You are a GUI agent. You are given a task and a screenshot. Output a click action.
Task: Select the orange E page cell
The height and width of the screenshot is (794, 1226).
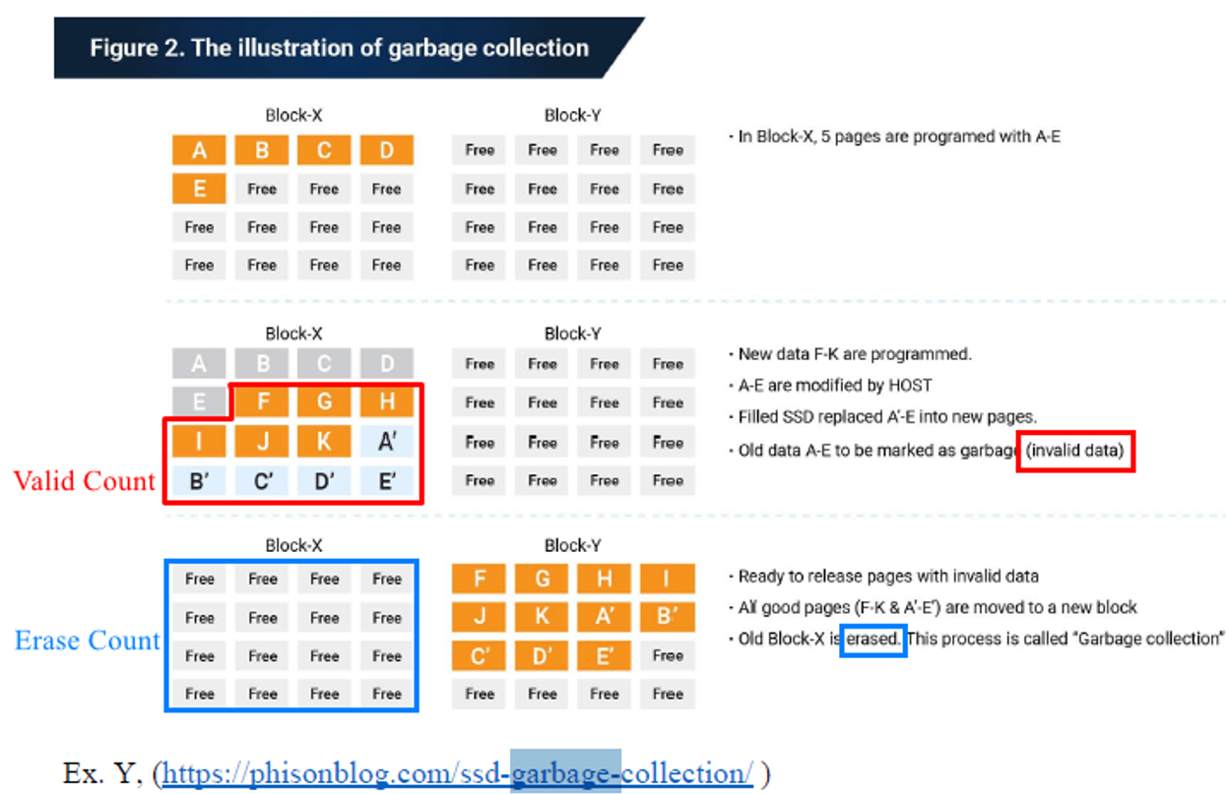point(199,188)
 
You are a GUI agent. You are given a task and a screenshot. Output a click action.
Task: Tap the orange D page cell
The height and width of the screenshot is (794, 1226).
point(386,150)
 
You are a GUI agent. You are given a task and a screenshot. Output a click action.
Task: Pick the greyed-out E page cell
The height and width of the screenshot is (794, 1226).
point(199,401)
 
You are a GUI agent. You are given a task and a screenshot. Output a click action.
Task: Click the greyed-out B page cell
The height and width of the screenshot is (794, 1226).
point(262,363)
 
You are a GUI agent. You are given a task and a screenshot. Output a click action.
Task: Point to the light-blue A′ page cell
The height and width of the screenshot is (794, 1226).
point(386,442)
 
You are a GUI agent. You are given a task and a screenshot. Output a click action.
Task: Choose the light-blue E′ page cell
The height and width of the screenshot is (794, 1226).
point(386,481)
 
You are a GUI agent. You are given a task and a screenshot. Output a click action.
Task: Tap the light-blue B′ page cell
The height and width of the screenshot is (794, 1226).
point(199,481)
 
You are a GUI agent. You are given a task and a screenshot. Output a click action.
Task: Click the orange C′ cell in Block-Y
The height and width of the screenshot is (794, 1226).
point(479,655)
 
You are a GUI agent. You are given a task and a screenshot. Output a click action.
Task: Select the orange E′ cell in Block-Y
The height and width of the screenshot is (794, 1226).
point(605,655)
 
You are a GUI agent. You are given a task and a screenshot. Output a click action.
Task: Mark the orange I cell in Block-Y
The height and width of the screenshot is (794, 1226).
point(668,578)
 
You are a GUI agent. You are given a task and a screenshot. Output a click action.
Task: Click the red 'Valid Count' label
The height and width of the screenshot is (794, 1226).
point(85,481)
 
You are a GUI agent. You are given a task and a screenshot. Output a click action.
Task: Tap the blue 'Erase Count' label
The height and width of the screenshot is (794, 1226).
point(87,641)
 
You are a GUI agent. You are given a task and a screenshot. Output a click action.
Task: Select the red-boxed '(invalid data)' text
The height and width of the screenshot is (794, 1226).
point(1075,451)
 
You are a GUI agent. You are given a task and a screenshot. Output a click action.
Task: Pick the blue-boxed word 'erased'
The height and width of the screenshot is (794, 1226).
point(872,639)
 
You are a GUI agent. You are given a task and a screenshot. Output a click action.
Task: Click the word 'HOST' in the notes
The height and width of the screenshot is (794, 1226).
point(910,386)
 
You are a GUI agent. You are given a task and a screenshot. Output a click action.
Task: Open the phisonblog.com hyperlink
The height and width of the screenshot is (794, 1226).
point(458,773)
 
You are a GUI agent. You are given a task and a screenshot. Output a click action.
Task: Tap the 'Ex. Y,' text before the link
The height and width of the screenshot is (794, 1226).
point(102,773)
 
